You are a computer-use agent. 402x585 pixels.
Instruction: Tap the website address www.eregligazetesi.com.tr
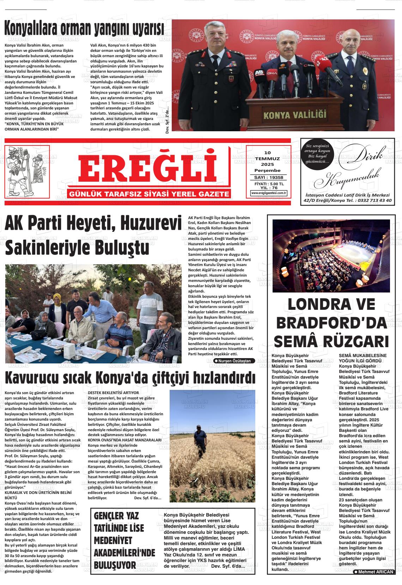[x=269, y=193]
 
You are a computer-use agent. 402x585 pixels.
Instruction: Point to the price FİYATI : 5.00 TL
[x=269, y=184]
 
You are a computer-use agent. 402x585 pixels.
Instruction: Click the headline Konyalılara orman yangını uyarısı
[x=84, y=29]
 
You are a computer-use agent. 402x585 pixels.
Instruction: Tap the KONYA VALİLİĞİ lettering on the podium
[x=295, y=115]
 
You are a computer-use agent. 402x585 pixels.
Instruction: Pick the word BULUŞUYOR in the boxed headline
[x=115, y=565]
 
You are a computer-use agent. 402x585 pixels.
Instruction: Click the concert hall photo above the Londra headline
[x=331, y=256]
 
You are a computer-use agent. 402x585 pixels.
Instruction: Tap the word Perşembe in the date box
[x=268, y=170]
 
